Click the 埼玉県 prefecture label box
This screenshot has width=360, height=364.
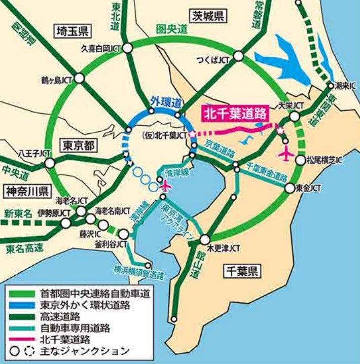71,31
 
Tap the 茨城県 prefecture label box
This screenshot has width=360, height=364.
208,16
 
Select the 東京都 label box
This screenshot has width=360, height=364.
79,145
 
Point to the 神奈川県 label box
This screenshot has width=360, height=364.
27,191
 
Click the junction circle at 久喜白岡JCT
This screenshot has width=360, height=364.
128,48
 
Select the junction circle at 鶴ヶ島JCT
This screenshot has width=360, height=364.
79,80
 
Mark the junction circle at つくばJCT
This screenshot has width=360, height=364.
238,59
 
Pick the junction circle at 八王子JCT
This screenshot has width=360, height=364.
50,163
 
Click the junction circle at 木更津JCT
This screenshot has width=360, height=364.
205,240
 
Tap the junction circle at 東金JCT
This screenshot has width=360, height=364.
289,188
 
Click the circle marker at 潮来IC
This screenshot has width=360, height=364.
331,85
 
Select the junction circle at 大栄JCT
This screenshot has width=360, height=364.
294,117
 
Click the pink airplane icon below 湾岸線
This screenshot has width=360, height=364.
165,186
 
